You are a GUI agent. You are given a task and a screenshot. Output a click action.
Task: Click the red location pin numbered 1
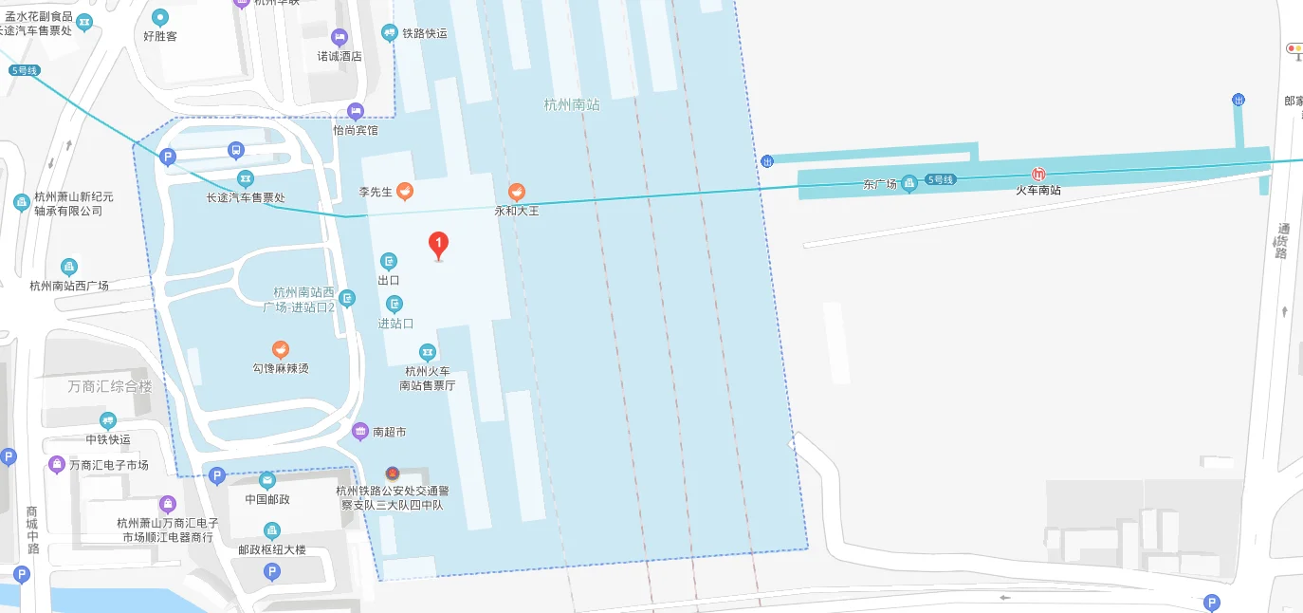(438, 245)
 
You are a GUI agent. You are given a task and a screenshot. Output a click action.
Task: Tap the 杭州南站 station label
(572, 104)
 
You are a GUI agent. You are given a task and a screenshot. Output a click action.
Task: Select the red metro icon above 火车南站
(1039, 175)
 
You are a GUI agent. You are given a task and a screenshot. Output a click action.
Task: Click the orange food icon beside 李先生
(405, 192)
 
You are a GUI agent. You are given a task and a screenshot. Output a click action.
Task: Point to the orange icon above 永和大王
(517, 193)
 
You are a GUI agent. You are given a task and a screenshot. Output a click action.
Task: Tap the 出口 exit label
(389, 280)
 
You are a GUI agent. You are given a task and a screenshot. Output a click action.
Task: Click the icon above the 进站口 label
(395, 304)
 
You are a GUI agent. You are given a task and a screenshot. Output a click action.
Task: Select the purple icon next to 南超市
(360, 432)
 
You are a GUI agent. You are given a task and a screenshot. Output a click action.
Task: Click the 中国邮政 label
(267, 499)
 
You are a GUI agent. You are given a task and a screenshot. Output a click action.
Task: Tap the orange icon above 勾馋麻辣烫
(280, 349)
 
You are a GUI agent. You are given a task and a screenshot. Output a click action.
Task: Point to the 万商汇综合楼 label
(110, 386)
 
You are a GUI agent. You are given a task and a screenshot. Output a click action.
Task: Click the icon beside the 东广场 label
(908, 182)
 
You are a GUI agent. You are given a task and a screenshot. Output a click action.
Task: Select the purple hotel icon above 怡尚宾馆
(356, 111)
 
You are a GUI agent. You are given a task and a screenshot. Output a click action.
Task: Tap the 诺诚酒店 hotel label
(340, 56)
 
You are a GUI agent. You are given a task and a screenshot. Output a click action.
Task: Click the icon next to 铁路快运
(389, 33)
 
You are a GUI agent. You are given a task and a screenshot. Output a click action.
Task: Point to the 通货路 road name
(1282, 241)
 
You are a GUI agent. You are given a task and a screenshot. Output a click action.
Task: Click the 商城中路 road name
(33, 529)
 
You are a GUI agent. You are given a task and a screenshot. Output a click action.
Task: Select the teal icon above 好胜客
(160, 16)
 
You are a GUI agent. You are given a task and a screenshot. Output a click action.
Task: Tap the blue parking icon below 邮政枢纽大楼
(272, 571)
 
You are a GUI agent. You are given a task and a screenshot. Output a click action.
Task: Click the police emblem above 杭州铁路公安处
(392, 474)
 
